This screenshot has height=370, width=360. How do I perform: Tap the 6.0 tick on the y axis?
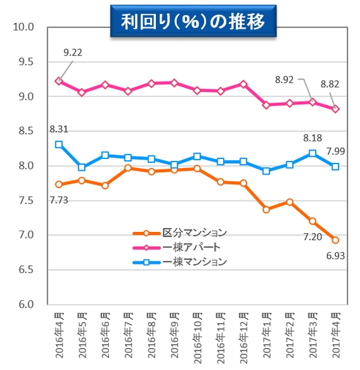[26, 304]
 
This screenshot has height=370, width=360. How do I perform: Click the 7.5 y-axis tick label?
[26, 201]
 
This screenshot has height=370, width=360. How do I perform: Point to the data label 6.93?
[336, 255]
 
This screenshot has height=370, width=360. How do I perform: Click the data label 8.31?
[59, 130]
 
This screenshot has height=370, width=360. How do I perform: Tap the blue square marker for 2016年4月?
[59, 144]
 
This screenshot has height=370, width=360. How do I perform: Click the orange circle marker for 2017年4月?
[335, 240]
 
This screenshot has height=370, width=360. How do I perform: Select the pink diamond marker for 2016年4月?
[59, 81]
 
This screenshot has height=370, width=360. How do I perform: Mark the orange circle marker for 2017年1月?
[266, 209]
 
